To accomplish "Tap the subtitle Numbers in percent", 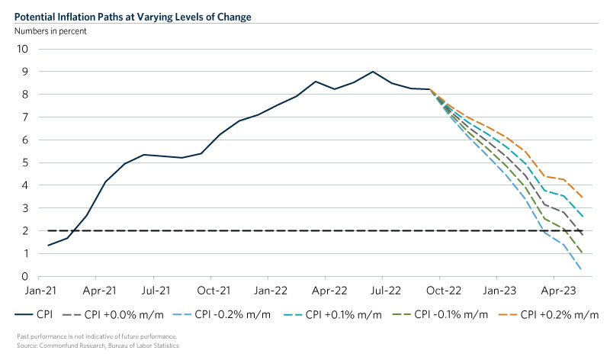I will pos(49,31).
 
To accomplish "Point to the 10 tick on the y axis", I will pos(23,49).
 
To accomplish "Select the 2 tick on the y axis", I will pos(25,231).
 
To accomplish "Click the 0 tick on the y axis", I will pos(25,277).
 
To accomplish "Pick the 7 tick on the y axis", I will pos(25,117).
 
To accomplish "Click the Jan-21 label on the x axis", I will pos(38,291).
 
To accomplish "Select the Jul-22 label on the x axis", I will pos(387,291).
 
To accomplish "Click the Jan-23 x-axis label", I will pos(502,291).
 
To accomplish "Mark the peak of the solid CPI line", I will pos(372,72).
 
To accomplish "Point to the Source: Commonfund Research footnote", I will pos(99,346).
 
